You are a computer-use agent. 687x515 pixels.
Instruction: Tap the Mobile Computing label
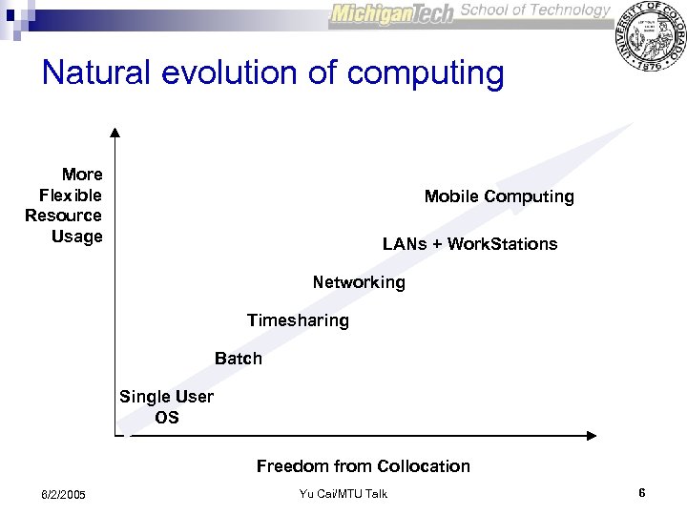499,196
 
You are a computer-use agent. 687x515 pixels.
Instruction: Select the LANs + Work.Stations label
469,244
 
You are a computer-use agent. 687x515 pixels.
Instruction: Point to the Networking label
359,282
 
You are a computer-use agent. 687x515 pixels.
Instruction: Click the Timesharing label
298,320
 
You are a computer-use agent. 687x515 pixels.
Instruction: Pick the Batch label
238,360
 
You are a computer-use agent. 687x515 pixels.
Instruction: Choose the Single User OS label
166,406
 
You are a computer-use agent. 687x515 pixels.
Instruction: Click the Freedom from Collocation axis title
363,466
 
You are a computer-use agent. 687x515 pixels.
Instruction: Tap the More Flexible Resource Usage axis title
66,205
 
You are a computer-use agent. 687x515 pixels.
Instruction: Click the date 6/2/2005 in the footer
63,494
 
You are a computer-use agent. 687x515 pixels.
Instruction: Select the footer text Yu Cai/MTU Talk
343,493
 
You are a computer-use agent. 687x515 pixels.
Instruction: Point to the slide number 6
642,493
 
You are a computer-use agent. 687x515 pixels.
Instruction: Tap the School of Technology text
534,10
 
